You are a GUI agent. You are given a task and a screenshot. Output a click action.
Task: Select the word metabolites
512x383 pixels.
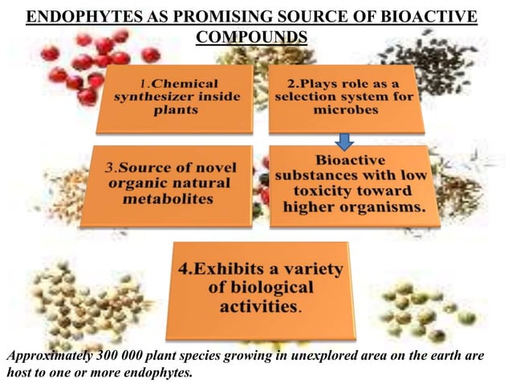tap(169, 198)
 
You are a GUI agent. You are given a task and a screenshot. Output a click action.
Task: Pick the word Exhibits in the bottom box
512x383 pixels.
tap(218, 269)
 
